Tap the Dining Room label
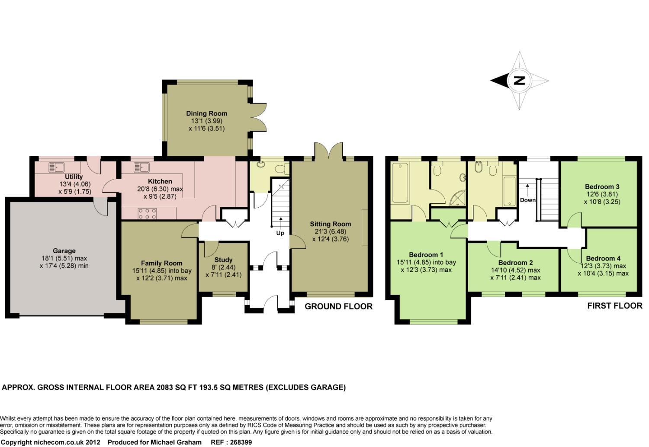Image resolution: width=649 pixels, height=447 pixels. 206,113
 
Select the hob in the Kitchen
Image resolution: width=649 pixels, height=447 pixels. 148,213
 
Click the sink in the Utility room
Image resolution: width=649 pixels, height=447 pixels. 57,167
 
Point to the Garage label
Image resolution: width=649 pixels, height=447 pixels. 64,251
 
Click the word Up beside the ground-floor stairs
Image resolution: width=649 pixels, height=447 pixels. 280,233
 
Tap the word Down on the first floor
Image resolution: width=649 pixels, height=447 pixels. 527,200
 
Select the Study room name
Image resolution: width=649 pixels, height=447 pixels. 223,260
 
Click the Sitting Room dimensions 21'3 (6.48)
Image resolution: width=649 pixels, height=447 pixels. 331,232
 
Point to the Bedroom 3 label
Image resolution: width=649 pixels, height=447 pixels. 602,187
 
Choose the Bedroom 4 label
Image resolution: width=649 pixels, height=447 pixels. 603,258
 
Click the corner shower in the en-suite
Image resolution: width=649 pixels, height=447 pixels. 458,198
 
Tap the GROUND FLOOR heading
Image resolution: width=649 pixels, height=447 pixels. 338,306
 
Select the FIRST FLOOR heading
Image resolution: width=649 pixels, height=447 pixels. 615,306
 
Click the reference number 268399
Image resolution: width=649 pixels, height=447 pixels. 241,442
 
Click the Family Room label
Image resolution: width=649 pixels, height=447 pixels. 162,264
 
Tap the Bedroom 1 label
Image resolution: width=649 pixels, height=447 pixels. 426,255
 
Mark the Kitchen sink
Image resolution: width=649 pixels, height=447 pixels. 141,167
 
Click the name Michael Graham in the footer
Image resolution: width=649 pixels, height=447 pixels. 176,442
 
